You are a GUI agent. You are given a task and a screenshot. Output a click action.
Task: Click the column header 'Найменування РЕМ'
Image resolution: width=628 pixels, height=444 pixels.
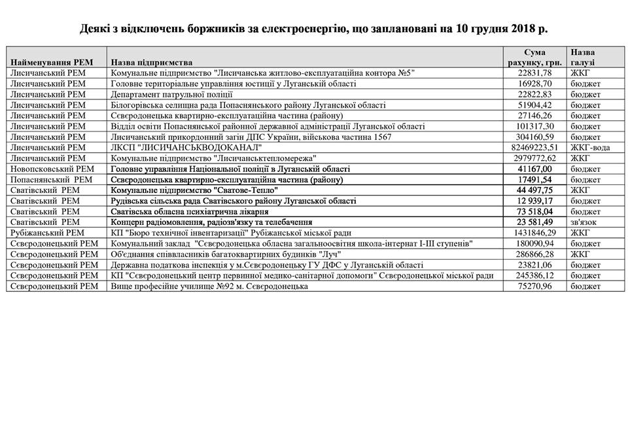pyautogui.click(x=52, y=62)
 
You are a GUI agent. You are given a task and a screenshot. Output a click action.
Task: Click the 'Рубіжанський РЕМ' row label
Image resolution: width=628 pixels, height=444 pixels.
pyautogui.click(x=47, y=232)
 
